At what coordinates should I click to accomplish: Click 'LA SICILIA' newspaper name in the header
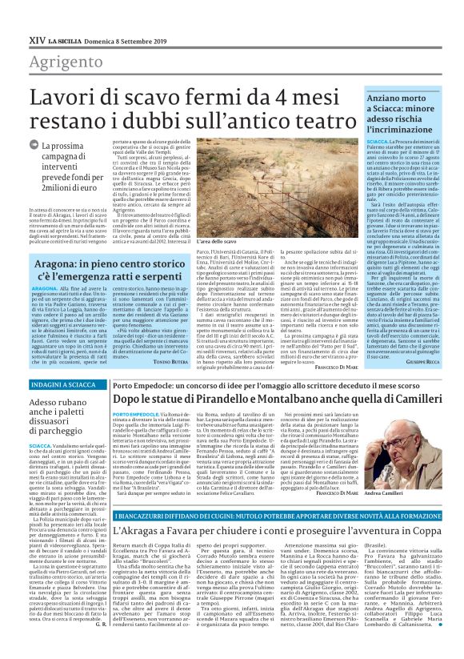(x=73, y=38)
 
